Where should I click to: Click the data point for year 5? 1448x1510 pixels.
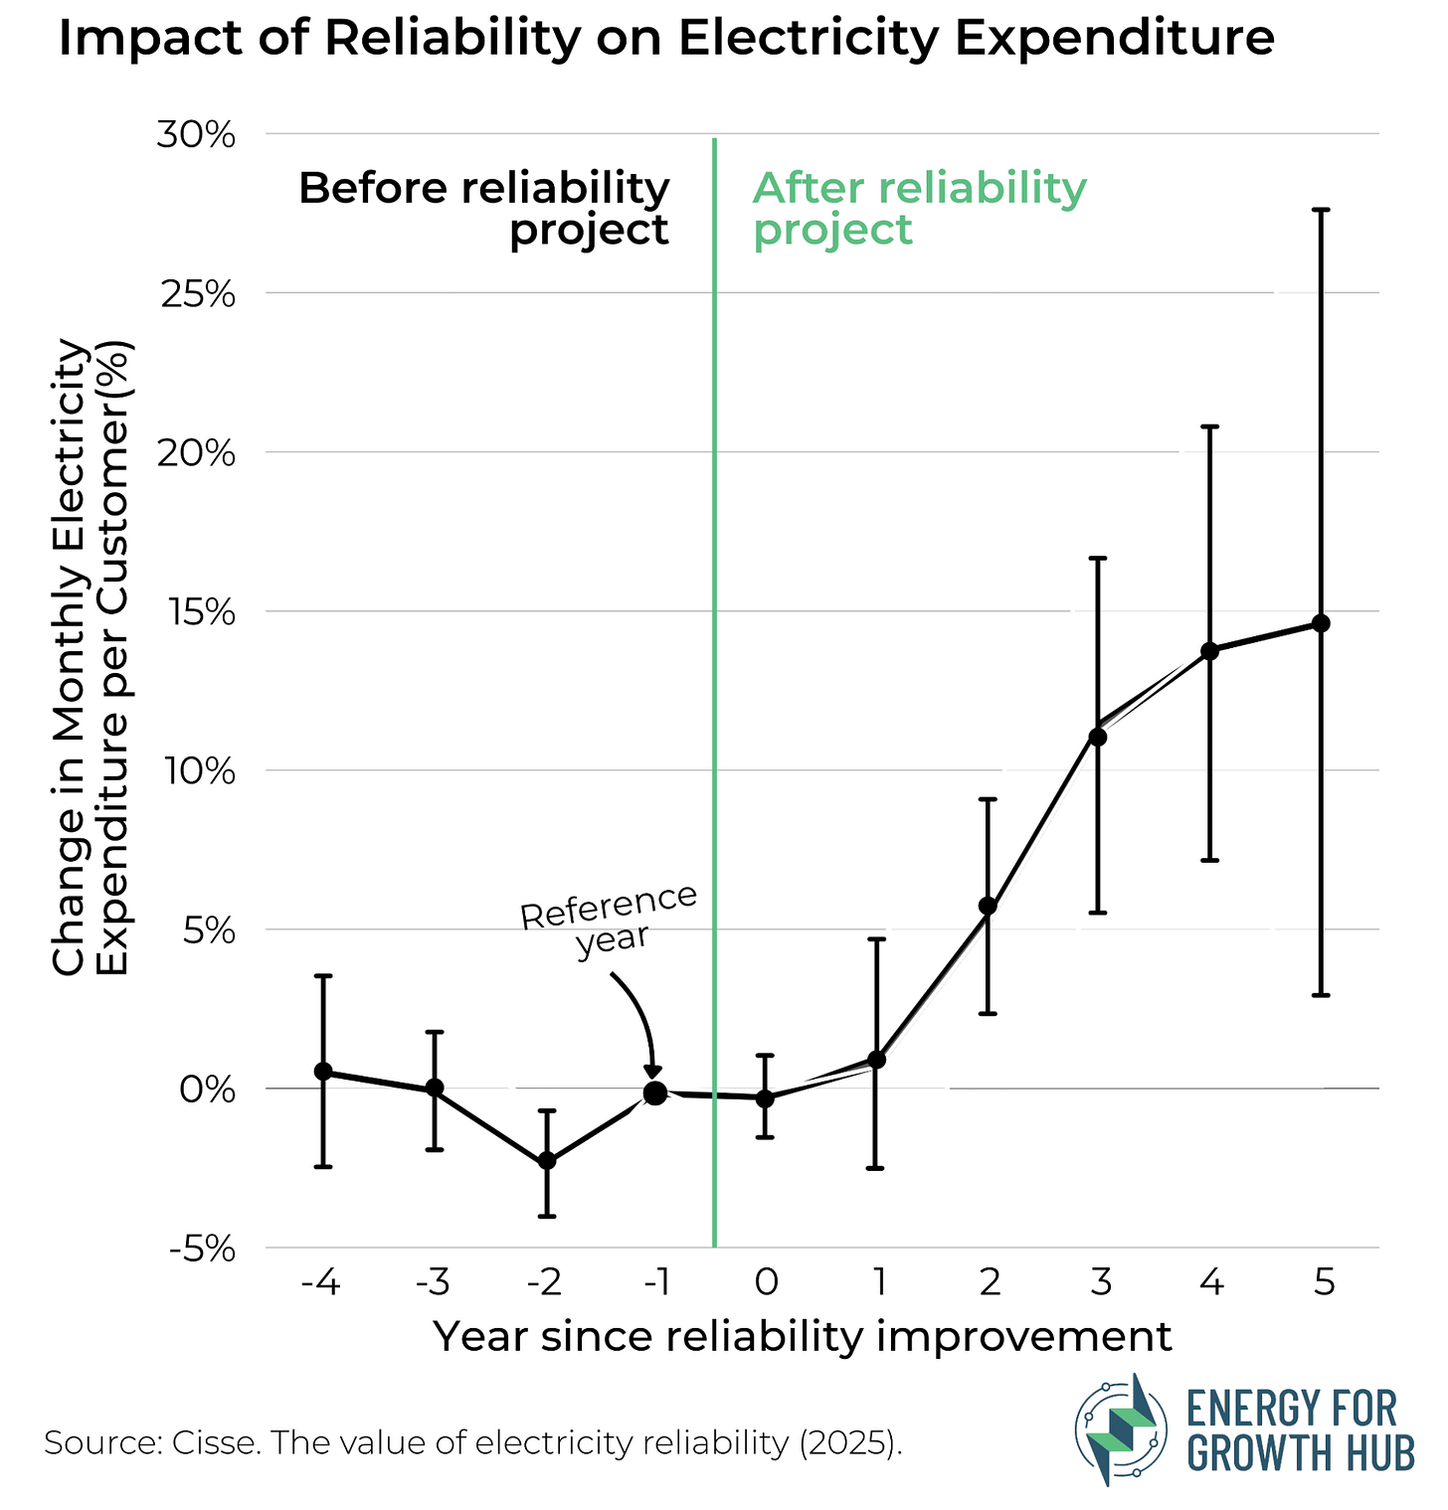pos(1321,623)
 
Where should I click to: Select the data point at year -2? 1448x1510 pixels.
pos(546,1160)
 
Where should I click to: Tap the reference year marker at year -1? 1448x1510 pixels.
pos(655,1092)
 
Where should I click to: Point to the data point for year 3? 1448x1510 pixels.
pos(1098,737)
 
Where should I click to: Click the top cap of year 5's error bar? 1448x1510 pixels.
pos(1321,210)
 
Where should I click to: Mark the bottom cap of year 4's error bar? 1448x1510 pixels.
pos(1209,860)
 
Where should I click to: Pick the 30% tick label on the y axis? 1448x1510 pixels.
pos(196,134)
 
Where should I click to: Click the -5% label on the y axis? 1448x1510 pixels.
pos(202,1249)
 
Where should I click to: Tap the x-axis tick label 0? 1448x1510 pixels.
pos(766,1283)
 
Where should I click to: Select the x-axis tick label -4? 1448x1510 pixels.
pos(320,1283)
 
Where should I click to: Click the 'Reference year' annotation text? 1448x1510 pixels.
pos(610,919)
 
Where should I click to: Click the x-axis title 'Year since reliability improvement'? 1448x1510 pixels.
pos(803,1337)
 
